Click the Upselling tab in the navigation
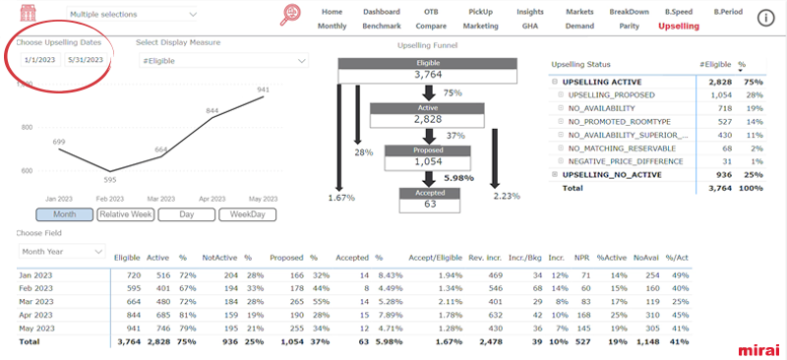(x=678, y=26)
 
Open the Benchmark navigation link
(x=381, y=26)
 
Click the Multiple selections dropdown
(x=132, y=15)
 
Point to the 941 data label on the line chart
(x=263, y=90)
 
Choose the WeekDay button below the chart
(x=247, y=213)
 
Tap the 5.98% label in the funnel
(x=459, y=177)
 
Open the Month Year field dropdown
(x=60, y=252)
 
